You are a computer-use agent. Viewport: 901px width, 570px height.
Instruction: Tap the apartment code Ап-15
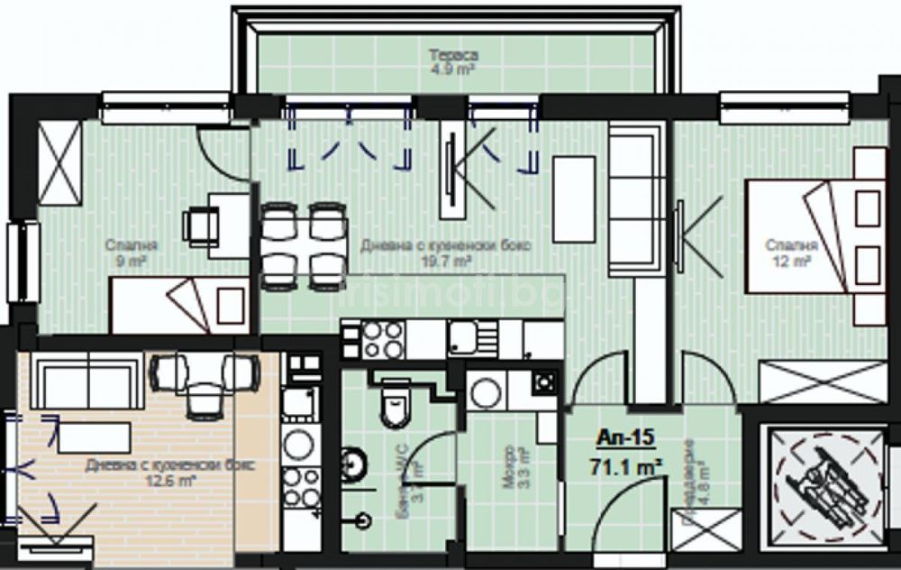tap(625, 439)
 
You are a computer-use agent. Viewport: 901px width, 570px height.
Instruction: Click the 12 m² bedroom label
tap(791, 252)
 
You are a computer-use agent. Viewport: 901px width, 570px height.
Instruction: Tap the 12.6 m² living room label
tap(169, 472)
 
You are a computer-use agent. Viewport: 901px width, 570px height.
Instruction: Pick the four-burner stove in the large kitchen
tap(383, 339)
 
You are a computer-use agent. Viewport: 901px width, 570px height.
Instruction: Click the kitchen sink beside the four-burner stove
tap(473, 339)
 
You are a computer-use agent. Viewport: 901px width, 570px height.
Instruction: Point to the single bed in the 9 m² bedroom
tap(180, 304)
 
